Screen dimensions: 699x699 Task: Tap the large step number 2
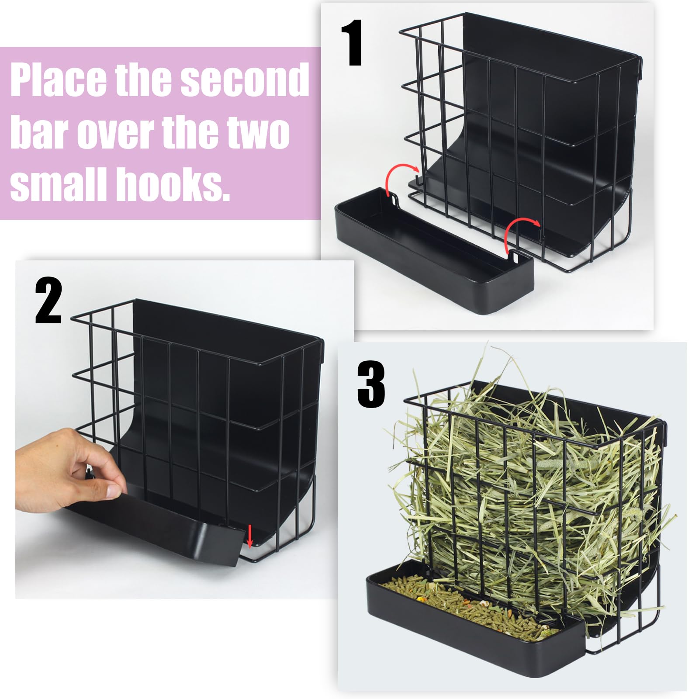[48, 301]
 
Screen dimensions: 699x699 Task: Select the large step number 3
[371, 384]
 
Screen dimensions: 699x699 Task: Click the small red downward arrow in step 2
[249, 536]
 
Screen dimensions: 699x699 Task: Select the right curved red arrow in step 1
[520, 231]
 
